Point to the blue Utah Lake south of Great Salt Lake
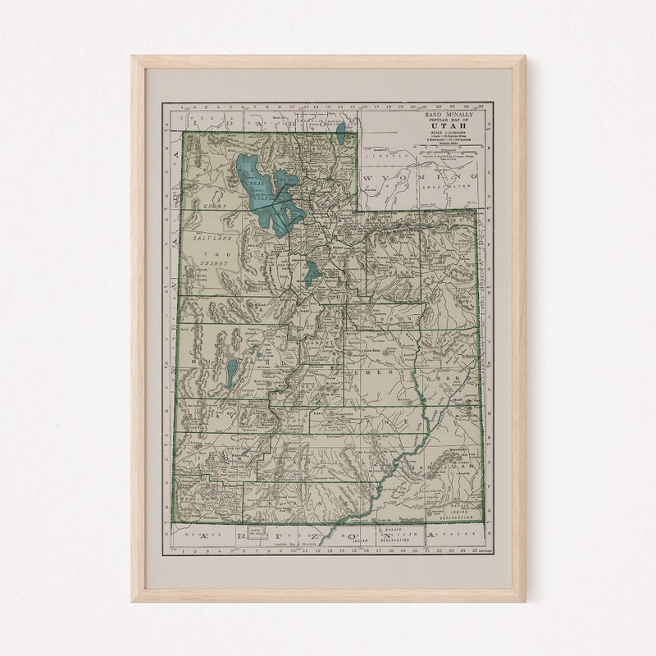click(312, 272)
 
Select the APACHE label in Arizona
click(456, 534)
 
